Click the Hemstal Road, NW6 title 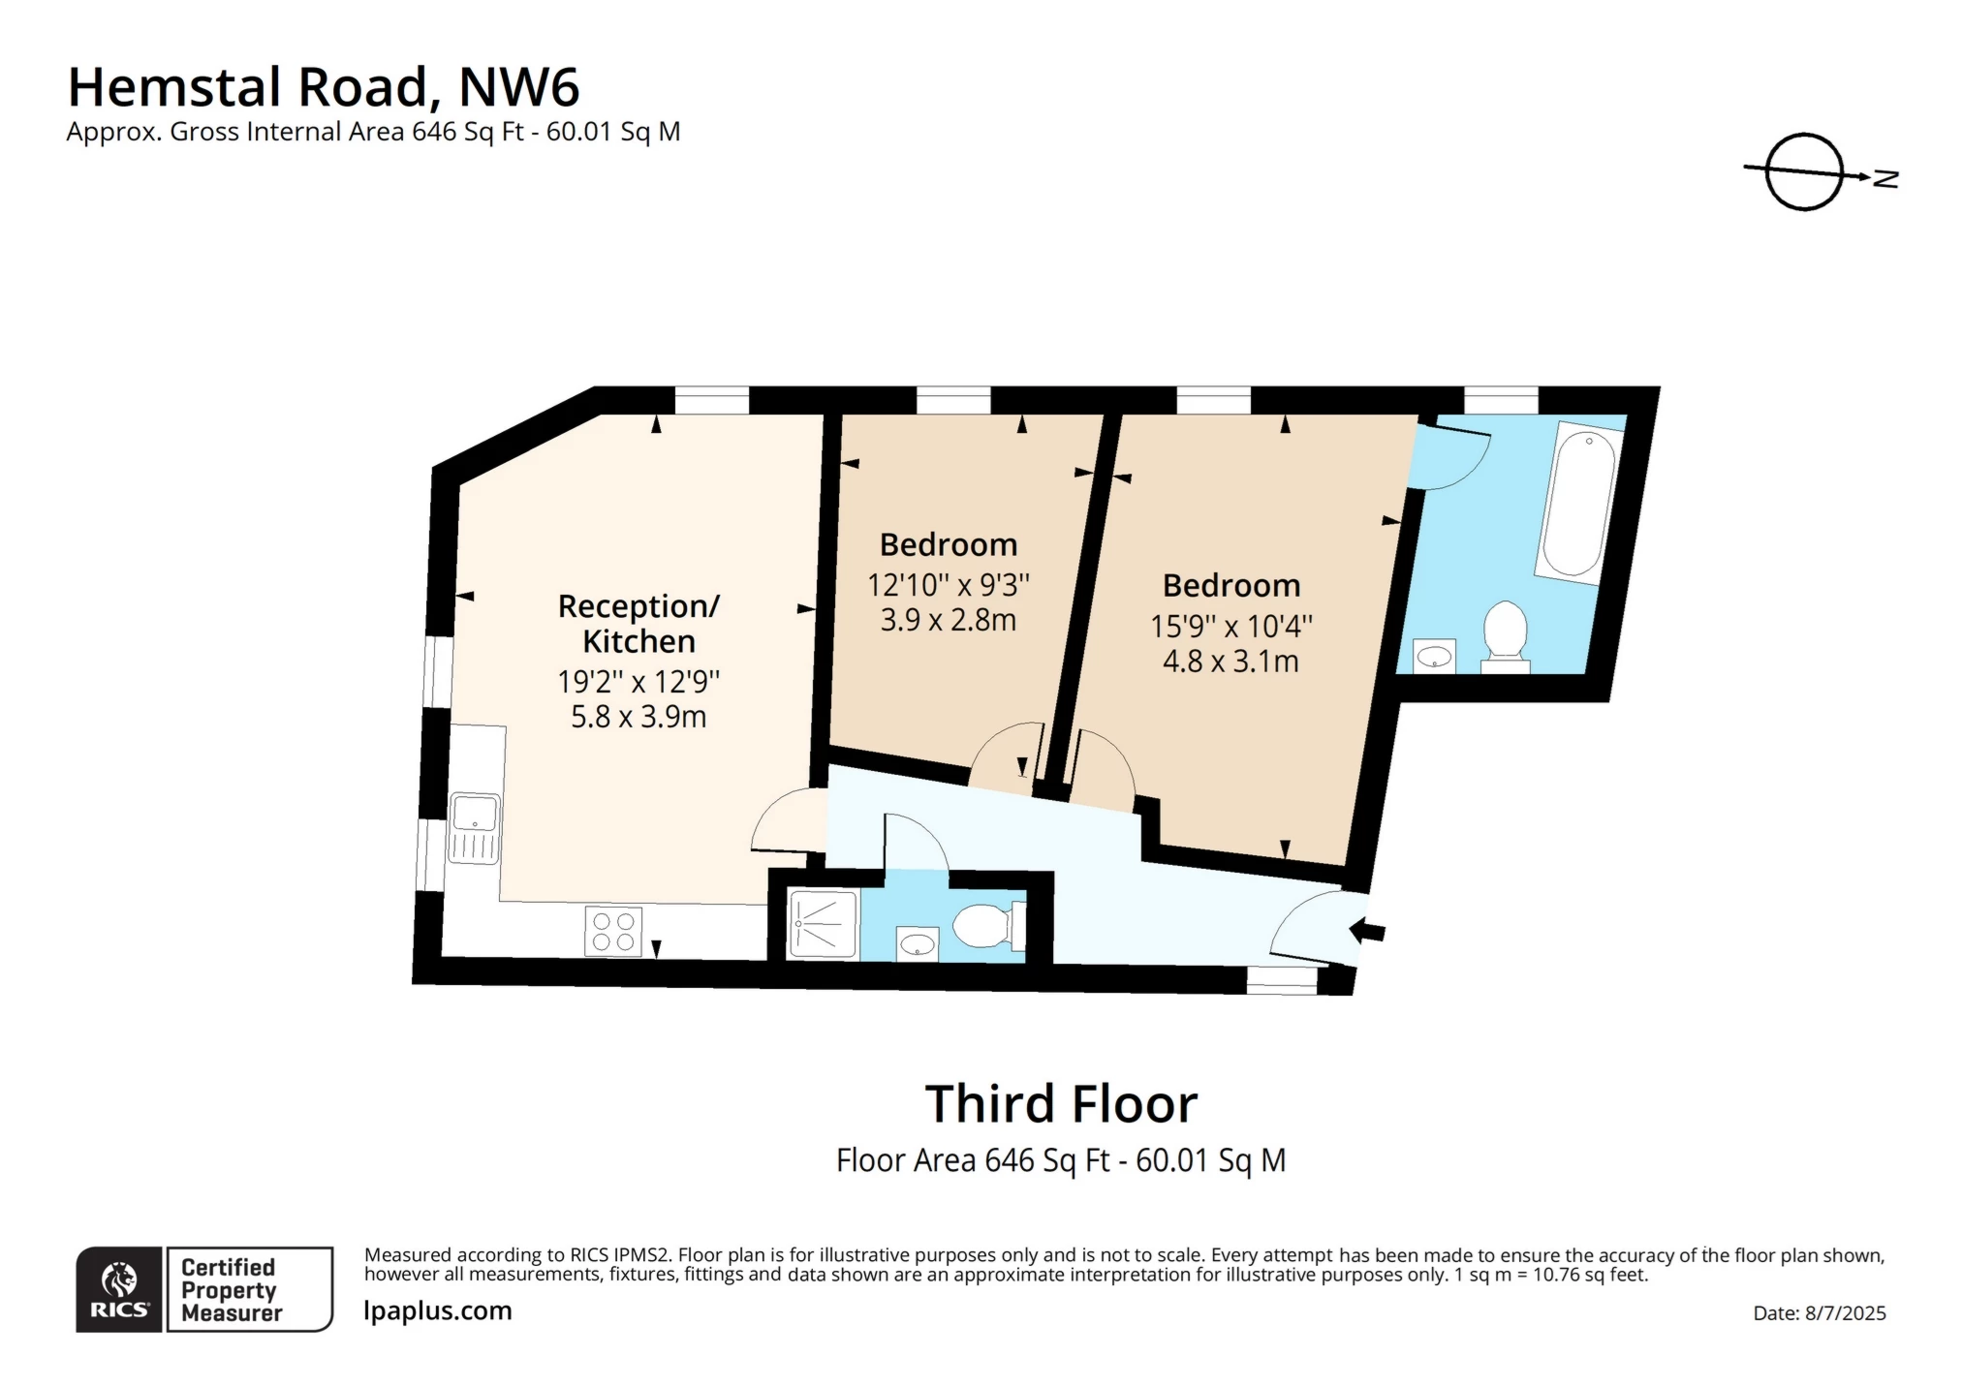coord(324,87)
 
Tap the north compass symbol coord(1804,172)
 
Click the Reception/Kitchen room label coord(638,624)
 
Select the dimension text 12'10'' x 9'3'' coord(948,585)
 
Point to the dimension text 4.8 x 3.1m coord(1230,662)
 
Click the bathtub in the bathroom coord(1579,505)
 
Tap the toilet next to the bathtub coord(1505,634)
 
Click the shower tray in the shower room coord(823,924)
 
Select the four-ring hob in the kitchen coord(613,931)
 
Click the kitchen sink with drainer coord(474,827)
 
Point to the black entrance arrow coord(1367,931)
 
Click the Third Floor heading coord(1061,1104)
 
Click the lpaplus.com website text coord(437,1310)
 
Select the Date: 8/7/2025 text coord(1819,1313)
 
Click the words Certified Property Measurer coord(231,1290)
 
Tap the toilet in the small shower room coord(986,926)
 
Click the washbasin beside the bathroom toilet coord(1434,658)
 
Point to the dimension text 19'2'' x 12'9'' coord(638,682)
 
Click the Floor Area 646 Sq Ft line coord(1060,1160)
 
